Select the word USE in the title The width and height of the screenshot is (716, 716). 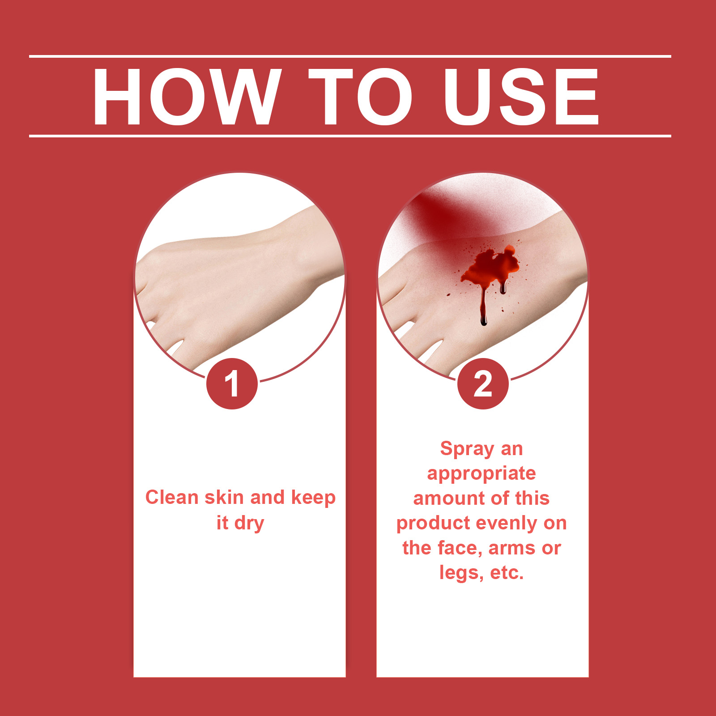[x=521, y=97]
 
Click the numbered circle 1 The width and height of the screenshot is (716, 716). [x=232, y=384]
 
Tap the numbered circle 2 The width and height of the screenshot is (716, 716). [x=483, y=384]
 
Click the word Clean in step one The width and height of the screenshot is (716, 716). [x=172, y=497]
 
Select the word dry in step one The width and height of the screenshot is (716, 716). [x=249, y=524]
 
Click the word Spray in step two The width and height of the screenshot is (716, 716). [x=467, y=449]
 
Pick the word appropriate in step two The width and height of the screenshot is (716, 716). [x=482, y=474]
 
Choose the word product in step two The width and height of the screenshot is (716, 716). [x=433, y=524]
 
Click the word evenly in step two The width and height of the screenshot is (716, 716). [x=510, y=524]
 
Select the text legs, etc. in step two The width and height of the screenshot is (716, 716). [x=482, y=573]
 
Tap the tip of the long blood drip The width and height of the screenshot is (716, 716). [x=483, y=324]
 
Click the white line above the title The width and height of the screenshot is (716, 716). [x=350, y=56]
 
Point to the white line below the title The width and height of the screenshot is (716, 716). [x=350, y=136]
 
